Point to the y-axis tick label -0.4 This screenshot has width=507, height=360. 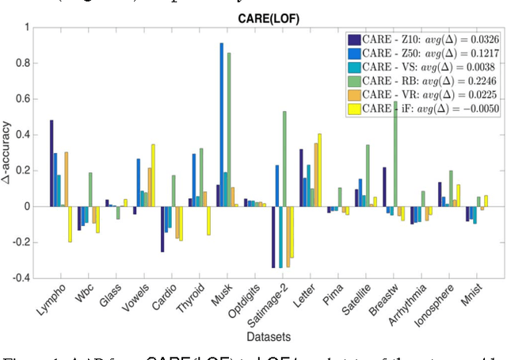coord(21,278)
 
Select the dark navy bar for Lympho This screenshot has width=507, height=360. coord(51,163)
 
